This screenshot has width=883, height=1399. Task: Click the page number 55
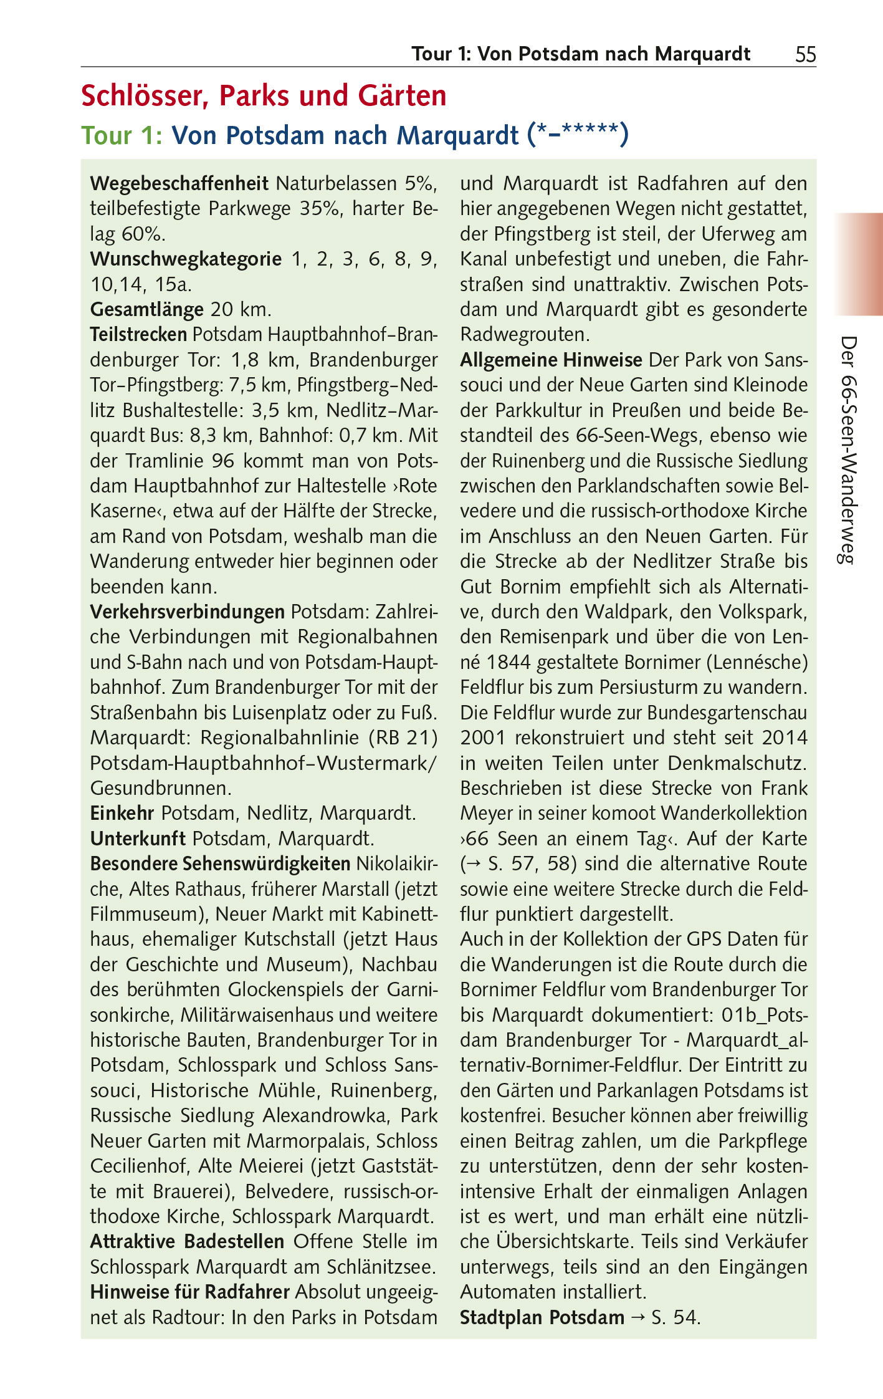coord(805,55)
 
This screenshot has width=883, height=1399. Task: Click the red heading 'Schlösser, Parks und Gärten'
coord(264,96)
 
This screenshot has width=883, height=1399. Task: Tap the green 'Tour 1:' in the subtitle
coord(122,135)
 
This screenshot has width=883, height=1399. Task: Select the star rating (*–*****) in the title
coord(577,135)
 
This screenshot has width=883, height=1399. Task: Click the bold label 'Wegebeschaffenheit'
coord(179,184)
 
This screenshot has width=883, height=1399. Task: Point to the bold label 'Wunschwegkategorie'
coord(186,259)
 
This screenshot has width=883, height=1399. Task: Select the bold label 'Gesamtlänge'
coord(147,309)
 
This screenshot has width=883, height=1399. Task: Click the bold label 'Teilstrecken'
coord(138,335)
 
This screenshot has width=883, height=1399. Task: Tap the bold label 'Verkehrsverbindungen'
coord(187,612)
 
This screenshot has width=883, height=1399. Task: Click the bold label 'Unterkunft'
coord(138,839)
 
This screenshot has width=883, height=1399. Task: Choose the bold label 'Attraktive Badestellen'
coord(187,1241)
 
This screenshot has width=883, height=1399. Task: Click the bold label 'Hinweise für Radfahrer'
coord(189,1292)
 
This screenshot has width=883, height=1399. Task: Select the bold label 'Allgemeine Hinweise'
coord(551,360)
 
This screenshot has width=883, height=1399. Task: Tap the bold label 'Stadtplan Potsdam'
coord(542,1317)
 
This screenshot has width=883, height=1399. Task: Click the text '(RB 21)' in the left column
coord(403,738)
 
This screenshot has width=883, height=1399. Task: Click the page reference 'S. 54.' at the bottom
coord(675,1317)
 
